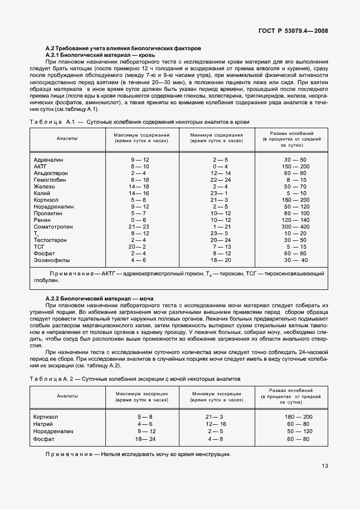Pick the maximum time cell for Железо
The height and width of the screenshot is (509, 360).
click(139, 186)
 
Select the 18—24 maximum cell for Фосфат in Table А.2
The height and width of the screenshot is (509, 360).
click(139, 439)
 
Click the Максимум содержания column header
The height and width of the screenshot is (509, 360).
click(142, 138)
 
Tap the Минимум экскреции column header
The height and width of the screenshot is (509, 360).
click(217, 396)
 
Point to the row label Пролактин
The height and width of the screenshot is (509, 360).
click(49, 213)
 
